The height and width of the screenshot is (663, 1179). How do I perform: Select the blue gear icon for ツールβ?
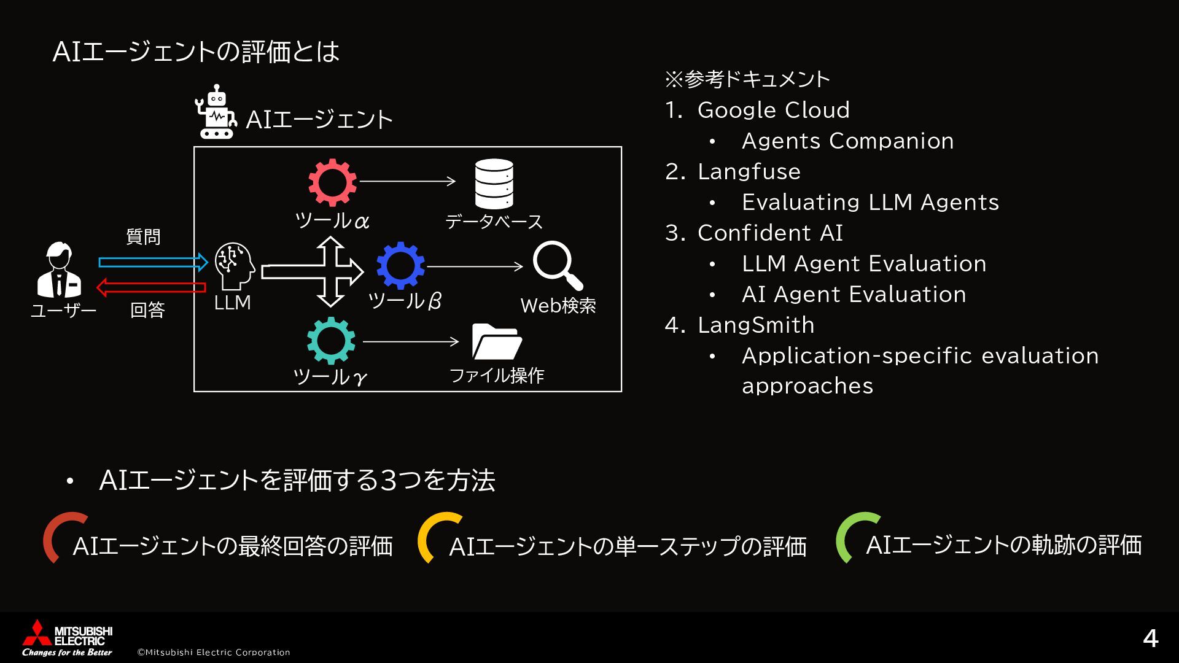point(400,266)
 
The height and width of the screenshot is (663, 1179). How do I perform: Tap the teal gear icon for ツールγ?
point(331,341)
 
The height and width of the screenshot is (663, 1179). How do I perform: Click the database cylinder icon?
point(494,184)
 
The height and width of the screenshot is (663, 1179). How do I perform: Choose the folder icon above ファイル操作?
point(496,341)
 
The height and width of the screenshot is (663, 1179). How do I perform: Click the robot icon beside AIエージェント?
point(216,112)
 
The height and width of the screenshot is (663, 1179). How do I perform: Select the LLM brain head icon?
point(235,266)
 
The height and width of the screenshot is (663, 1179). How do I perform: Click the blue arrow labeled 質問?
point(153,262)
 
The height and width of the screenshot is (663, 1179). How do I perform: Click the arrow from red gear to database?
point(407,181)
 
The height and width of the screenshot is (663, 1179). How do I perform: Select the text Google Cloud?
point(773,110)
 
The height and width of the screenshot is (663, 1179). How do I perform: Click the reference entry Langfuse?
point(749,171)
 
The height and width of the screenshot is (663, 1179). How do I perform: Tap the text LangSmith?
point(755,325)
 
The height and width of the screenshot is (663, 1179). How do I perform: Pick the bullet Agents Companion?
point(847,141)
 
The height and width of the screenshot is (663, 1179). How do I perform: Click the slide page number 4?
point(1150,638)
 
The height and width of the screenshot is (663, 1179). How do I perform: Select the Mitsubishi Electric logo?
point(67,638)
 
